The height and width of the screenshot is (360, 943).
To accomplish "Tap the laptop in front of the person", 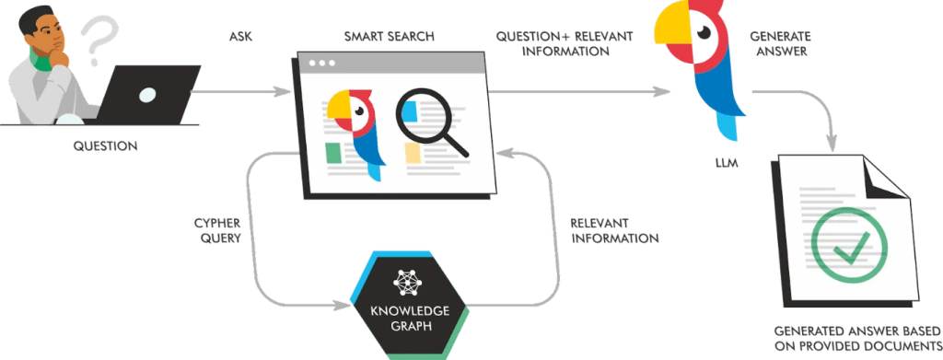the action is [x=149, y=95].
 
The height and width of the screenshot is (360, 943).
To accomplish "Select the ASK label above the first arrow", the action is [x=240, y=38].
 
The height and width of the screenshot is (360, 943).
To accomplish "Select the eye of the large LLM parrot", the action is [x=706, y=31].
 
